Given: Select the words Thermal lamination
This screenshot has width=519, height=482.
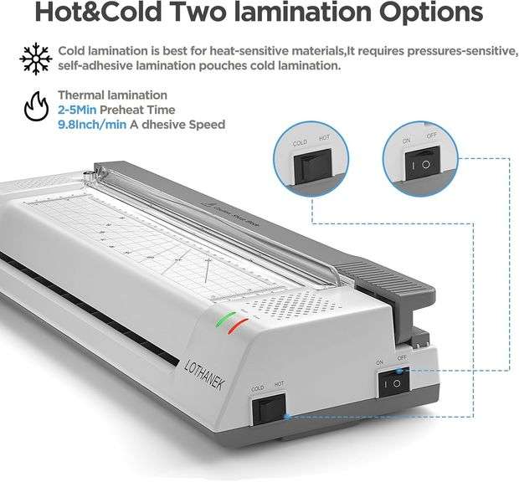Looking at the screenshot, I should [x=112, y=95].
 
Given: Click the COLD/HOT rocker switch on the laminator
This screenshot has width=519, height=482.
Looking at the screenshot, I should [x=270, y=408].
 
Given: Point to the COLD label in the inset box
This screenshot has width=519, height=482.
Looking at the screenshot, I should [x=299, y=143].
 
